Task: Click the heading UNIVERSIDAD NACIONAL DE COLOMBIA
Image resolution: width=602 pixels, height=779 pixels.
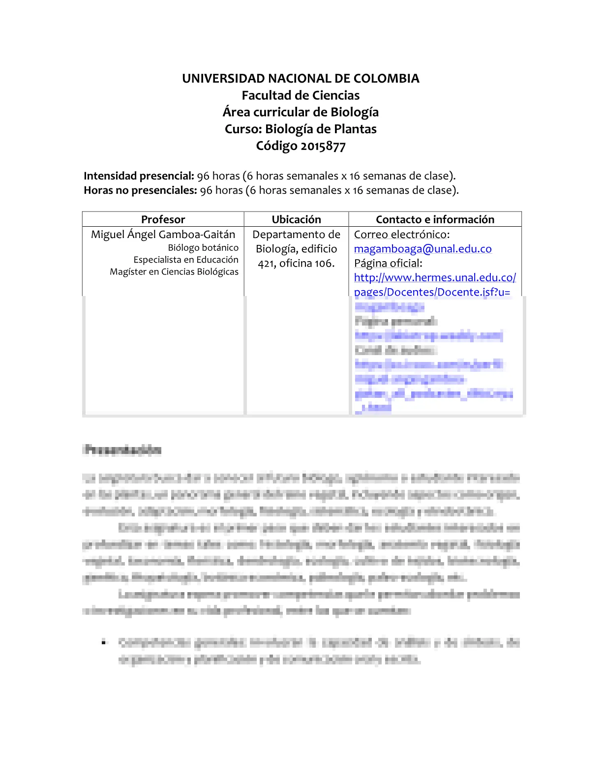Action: (301, 79)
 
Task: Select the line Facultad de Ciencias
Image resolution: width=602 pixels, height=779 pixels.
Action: (301, 95)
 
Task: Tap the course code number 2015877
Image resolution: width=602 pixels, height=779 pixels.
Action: (323, 146)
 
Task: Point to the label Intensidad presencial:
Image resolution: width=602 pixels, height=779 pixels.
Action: (139, 176)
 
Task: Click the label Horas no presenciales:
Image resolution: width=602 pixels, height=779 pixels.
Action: (140, 190)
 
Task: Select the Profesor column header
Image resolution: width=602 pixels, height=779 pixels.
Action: (163, 219)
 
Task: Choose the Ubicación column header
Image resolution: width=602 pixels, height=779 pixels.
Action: (296, 219)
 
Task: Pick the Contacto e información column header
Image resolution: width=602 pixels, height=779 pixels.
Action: (435, 219)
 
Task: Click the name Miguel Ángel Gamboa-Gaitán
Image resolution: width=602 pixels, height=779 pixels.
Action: (163, 235)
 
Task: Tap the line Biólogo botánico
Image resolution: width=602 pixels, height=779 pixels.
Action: (203, 248)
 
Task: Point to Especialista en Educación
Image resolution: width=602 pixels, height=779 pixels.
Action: (186, 260)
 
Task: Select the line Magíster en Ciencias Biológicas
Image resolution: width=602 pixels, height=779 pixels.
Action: (174, 271)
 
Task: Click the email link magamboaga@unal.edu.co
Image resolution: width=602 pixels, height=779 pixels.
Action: (422, 249)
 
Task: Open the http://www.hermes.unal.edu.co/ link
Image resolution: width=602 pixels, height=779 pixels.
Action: (435, 277)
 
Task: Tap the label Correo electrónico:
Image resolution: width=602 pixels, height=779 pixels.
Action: (402, 235)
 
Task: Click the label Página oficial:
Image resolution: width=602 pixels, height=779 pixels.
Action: (388, 263)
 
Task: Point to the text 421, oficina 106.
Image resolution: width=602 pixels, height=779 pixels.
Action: (296, 264)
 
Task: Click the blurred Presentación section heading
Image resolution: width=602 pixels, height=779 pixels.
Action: (123, 449)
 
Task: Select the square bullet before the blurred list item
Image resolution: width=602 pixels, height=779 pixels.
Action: (103, 642)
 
